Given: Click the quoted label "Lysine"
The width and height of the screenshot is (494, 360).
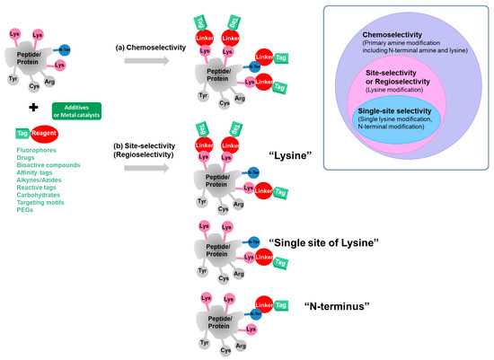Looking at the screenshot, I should click(292, 155).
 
